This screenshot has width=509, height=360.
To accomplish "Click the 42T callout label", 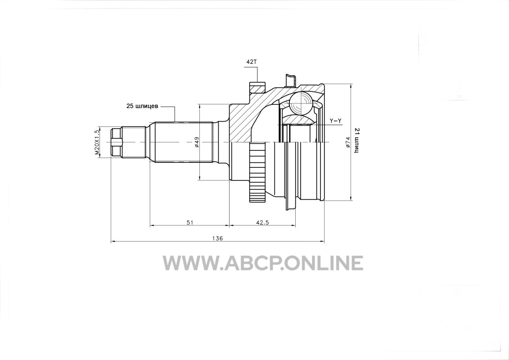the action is [x=252, y=62].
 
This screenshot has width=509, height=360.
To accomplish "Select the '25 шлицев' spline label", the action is [x=142, y=106].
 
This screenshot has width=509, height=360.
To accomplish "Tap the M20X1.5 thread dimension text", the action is [x=96, y=142].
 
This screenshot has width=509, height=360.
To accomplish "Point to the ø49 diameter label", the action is [x=196, y=142].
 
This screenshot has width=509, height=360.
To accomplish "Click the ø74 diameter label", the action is [x=347, y=142].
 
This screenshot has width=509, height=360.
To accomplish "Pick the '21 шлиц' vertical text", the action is [x=356, y=140].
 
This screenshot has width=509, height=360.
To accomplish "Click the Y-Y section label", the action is [x=335, y=121].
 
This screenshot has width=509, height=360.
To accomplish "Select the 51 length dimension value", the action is [x=190, y=222].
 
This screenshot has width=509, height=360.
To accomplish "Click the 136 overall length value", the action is [x=217, y=238].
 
